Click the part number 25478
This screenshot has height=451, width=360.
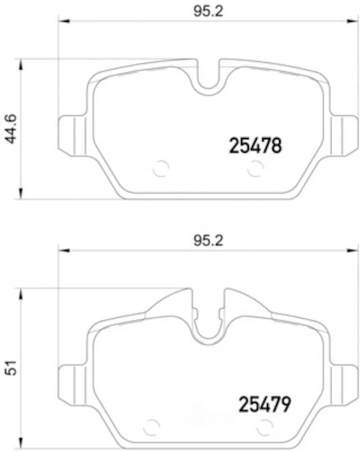(254, 147)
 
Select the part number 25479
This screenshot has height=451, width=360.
(264, 404)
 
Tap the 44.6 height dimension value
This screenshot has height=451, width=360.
(12, 129)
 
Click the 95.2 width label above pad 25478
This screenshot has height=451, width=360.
(209, 13)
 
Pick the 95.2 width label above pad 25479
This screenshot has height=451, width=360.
(209, 241)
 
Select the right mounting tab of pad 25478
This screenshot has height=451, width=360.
(344, 133)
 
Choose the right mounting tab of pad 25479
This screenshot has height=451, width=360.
(344, 381)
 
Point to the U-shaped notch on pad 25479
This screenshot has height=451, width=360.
(209, 327)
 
